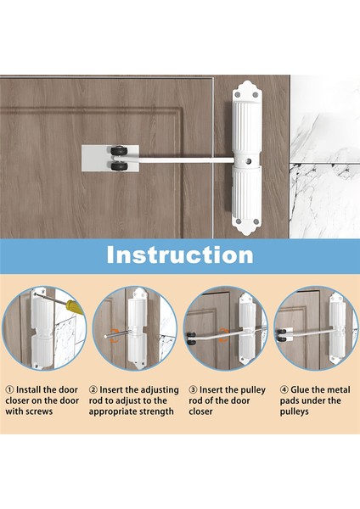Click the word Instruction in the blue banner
pyautogui.click(x=180, y=255)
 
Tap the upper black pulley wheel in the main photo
pyautogui.click(x=118, y=151)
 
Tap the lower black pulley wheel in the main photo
pyautogui.click(x=118, y=166)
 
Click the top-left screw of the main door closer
pyautogui.click(x=238, y=95)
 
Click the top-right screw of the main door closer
pyautogui.click(x=256, y=95)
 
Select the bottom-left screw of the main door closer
pyautogui.click(x=239, y=221)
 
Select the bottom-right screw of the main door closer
pyautogui.click(x=256, y=221)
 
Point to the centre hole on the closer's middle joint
pyautogui.click(x=249, y=160)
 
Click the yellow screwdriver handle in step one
pyautogui.click(x=75, y=307)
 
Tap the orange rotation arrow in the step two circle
pyautogui.click(x=114, y=336)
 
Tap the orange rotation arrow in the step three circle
pyautogui.click(x=223, y=335)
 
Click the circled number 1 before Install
pyautogui.click(x=9, y=389)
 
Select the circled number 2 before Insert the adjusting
pyautogui.click(x=93, y=389)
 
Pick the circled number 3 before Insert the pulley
pyautogui.click(x=193, y=389)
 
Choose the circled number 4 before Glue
pyautogui.click(x=284, y=389)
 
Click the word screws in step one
pyautogui.click(x=39, y=411)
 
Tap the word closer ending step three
pyautogui.click(x=200, y=411)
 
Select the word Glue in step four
pyautogui.click(x=300, y=389)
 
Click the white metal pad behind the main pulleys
pyautogui.click(x=110, y=159)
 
